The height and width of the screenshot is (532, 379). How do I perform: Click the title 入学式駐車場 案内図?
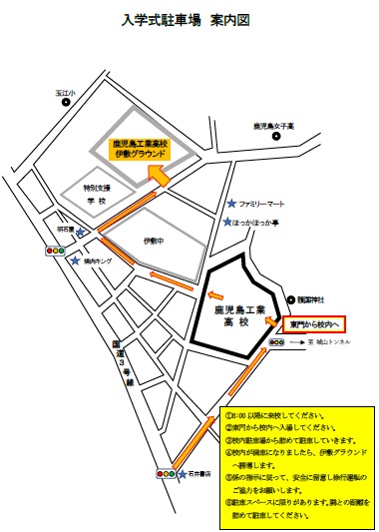(190, 20)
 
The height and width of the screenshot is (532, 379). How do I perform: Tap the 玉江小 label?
(66, 93)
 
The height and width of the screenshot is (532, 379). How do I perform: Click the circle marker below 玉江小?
(67, 103)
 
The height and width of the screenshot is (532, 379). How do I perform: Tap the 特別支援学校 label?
(96, 193)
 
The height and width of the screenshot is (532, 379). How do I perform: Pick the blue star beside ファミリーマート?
(231, 203)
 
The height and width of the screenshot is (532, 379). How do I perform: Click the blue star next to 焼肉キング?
(77, 261)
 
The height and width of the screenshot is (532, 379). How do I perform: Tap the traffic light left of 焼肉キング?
(54, 252)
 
